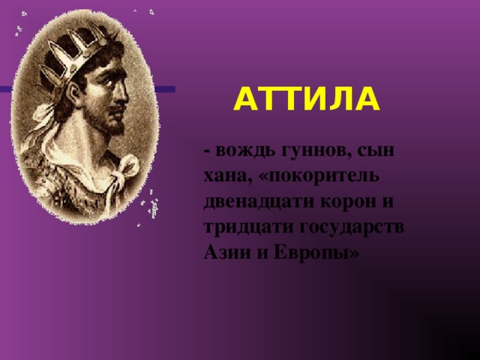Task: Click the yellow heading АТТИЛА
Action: pos(307,99)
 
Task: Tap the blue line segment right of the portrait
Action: pos(165,89)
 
